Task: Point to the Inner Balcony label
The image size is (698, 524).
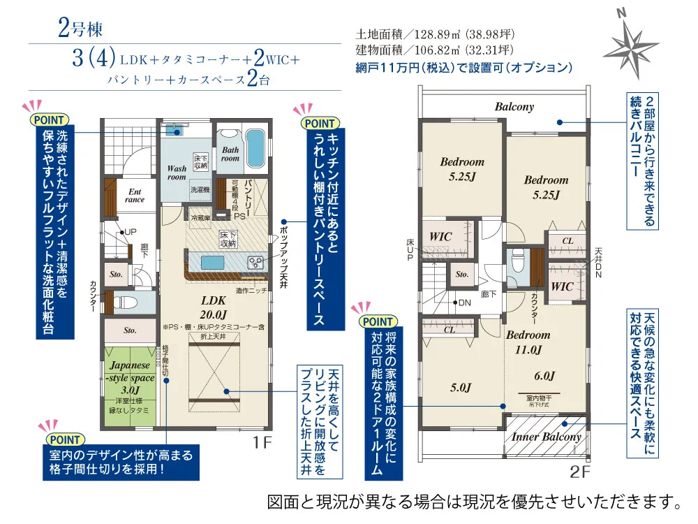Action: pos(547,437)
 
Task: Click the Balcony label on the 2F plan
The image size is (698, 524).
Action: pos(514,107)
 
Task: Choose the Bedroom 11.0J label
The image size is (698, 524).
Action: pos(528,341)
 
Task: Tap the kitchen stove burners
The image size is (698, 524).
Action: pos(255,263)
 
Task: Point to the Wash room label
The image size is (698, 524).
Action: pos(177,172)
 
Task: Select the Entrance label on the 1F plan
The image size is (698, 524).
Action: pos(135,195)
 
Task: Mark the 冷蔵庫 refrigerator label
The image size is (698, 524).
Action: pos(200,217)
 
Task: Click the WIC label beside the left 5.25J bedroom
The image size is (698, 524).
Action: pos(440,237)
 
